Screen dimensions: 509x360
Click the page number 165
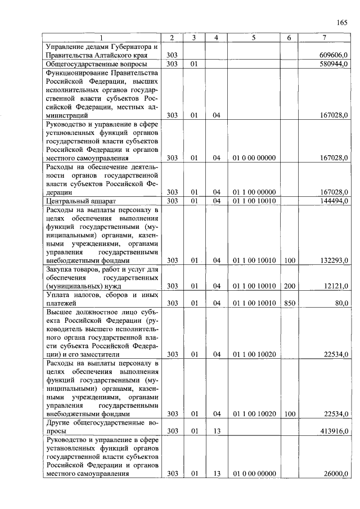[341, 22]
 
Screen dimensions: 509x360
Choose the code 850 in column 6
[289, 303]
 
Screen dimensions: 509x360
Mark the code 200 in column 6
[289, 286]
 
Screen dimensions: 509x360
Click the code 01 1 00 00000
[254, 192]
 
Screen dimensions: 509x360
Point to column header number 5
[254, 38]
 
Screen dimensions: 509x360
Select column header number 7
[324, 38]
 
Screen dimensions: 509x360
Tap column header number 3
[193, 38]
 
